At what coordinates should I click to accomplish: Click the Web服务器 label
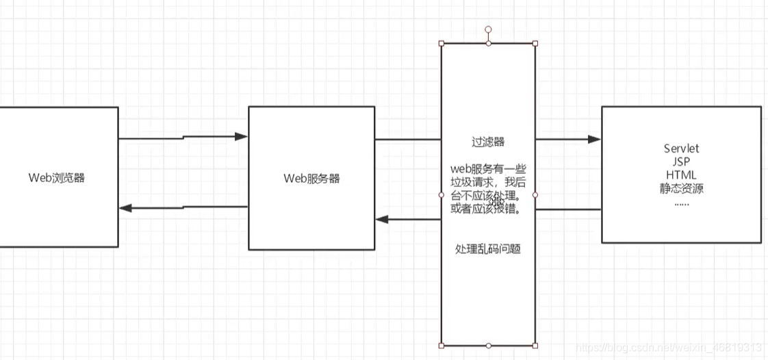point(311,179)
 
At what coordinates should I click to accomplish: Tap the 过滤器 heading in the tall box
point(488,142)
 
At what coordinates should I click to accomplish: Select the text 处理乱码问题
point(488,249)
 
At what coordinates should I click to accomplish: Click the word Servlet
point(681,149)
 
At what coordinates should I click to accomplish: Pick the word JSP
point(681,162)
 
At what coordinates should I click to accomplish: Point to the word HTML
point(681,175)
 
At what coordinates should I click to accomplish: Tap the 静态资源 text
point(681,188)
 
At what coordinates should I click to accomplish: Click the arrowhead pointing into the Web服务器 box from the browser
point(241,137)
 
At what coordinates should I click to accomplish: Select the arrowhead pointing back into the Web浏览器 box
point(125,207)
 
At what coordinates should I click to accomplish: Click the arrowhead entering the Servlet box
point(594,140)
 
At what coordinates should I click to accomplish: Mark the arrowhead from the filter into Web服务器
point(382,220)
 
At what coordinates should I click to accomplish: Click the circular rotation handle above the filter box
point(488,29)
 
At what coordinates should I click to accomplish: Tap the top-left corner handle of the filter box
point(441,43)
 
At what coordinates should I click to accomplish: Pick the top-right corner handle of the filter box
point(535,43)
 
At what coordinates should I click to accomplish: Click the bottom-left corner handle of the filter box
point(441,346)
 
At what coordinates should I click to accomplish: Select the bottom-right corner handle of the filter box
point(535,346)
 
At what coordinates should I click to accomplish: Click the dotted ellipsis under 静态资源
point(681,203)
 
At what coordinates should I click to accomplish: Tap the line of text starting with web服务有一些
point(488,168)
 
